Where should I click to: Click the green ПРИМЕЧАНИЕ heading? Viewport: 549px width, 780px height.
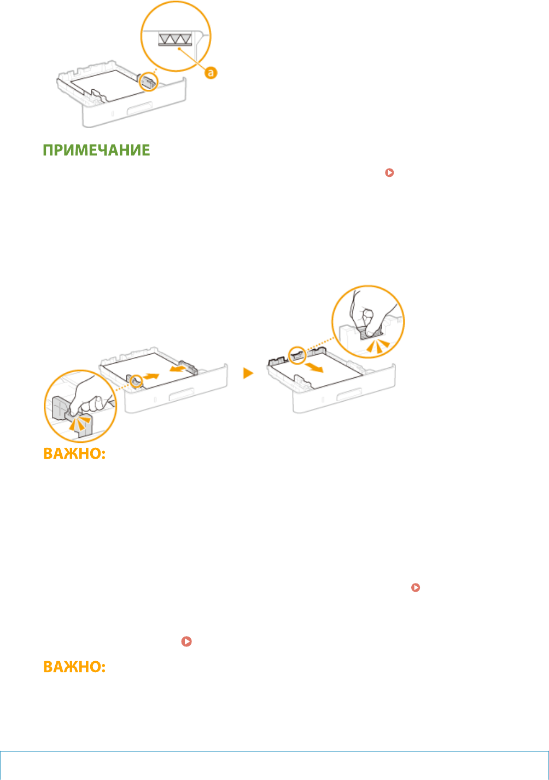coord(97,150)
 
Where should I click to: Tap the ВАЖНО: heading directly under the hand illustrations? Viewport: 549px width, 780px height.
coord(74,454)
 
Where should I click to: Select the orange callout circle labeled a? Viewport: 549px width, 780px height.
coord(211,72)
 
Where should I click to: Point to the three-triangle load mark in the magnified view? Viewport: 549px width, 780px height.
coord(175,38)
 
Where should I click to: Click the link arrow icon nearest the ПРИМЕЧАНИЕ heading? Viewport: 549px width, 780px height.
coord(389,172)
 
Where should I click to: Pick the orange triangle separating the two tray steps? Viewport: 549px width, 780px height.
coord(249,374)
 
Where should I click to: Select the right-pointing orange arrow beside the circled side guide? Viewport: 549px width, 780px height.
coord(153,377)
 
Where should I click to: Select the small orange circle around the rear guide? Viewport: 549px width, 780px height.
coord(296,356)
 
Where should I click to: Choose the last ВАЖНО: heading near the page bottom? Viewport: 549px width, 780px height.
coord(74,667)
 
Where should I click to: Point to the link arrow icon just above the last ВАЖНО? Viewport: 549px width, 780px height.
coord(186,642)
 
